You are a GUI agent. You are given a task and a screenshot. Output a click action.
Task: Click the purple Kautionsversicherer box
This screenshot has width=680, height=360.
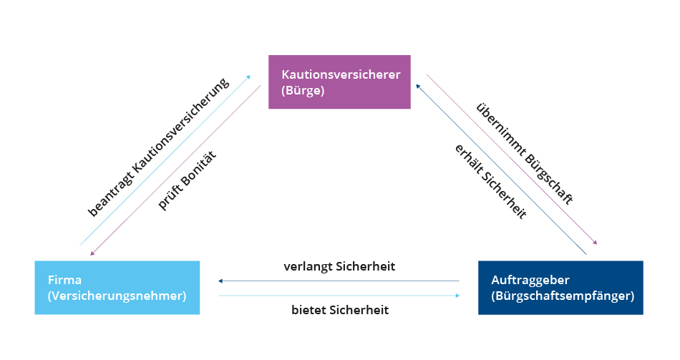click(x=339, y=82)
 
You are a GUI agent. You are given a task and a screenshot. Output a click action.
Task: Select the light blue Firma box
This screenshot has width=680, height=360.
click(x=117, y=288)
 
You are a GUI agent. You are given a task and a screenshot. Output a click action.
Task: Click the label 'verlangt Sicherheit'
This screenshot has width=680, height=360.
click(x=339, y=267)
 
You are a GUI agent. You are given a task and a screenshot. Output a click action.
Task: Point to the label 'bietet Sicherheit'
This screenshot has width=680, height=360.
click(x=339, y=310)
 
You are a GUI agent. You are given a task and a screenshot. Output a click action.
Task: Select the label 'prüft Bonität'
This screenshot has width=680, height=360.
click(x=187, y=180)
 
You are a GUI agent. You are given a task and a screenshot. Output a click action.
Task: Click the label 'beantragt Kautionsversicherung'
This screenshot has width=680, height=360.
click(x=158, y=146)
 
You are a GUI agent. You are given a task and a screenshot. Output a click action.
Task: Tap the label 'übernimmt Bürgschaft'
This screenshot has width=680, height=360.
click(x=524, y=155)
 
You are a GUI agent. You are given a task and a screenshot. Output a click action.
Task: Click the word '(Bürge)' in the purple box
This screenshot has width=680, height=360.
click(x=303, y=91)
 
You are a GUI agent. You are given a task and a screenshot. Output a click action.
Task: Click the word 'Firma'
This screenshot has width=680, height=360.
click(x=64, y=279)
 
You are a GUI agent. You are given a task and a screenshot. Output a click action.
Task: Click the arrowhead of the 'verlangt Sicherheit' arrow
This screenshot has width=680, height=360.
click(x=221, y=281)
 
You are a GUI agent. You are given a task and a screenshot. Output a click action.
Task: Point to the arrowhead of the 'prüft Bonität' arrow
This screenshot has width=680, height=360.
click(x=92, y=253)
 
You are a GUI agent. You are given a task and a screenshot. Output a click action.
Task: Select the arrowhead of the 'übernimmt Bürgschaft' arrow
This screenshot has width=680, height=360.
click(x=594, y=243)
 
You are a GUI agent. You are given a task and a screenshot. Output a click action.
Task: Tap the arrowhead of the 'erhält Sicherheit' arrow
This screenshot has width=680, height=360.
click(x=418, y=85)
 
